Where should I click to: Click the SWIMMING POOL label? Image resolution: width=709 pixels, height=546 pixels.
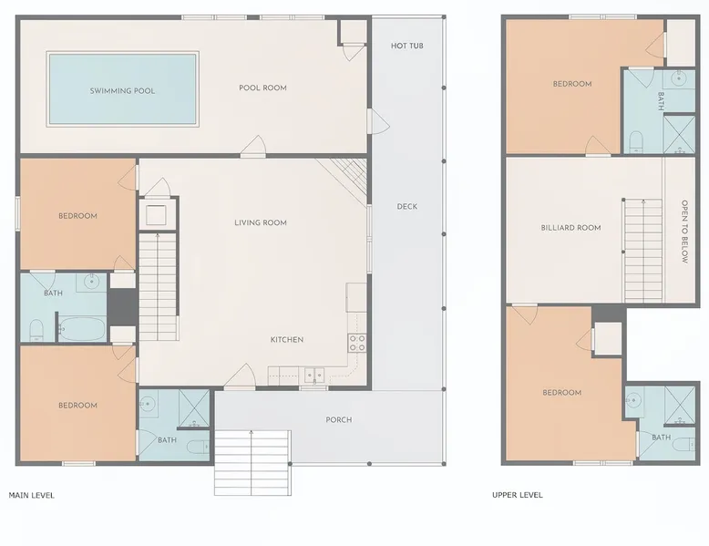point(122,91)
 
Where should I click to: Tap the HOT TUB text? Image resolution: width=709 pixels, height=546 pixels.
point(407,46)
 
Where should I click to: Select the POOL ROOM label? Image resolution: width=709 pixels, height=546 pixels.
point(262,88)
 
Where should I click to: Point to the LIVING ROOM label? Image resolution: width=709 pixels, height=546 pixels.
point(261,222)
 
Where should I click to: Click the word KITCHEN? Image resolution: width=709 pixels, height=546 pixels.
point(287,340)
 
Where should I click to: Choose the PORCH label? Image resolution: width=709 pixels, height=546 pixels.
point(339,420)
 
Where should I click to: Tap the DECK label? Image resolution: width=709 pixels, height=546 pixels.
point(407,207)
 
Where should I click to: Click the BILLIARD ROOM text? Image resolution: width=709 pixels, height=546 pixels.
point(570,228)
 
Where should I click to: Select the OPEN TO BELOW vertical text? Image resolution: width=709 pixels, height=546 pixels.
point(684,232)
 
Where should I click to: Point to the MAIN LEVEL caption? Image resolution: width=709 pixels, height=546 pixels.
point(32,495)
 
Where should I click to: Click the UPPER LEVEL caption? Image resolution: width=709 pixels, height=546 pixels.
point(518,495)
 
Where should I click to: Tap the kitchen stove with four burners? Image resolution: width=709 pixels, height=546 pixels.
point(356,343)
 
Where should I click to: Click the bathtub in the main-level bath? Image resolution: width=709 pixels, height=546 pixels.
point(82,328)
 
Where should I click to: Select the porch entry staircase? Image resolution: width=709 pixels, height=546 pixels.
point(252,462)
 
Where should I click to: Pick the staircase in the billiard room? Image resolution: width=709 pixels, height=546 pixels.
point(642,251)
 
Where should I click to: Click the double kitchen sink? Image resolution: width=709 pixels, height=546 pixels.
point(314,375)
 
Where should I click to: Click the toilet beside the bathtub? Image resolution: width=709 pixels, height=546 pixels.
point(36,330)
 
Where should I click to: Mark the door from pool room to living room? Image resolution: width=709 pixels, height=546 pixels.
point(252,147)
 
